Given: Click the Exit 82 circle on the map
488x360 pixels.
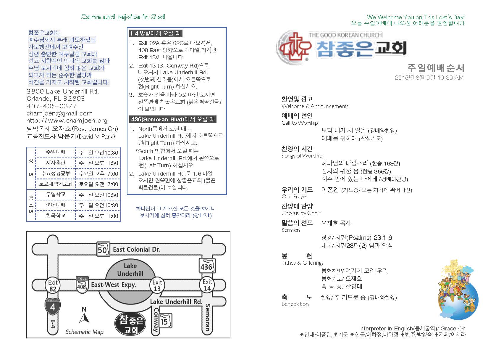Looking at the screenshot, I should pos(53,285).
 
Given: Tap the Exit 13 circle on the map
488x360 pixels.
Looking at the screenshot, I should pos(157,285).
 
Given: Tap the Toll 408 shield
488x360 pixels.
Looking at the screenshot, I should pos(82,284).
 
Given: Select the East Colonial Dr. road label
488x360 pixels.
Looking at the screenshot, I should pos(136,250).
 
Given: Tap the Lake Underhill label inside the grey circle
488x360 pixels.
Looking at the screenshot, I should pos(130,270).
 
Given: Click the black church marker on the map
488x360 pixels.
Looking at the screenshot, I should pos(131,323).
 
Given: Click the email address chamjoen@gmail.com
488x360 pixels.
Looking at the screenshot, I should pos(59,113).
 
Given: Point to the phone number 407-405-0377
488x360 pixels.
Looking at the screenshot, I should pos(51,106).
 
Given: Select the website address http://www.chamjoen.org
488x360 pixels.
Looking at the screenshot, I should pos(67,120).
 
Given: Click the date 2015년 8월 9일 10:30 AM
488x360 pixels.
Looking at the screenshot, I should pos(429,78).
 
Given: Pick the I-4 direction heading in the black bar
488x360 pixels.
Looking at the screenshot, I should pos(156,33).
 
